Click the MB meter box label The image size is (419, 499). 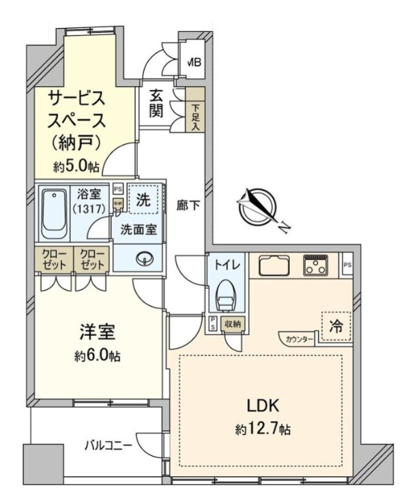click(x=194, y=63)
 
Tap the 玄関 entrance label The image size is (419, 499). click(x=156, y=104)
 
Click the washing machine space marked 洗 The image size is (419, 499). click(x=144, y=201)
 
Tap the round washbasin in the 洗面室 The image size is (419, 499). click(x=145, y=258)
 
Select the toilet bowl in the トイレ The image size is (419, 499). click(x=227, y=296)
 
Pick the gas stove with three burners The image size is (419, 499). click(x=317, y=266)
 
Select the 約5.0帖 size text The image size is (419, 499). click(x=77, y=166)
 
